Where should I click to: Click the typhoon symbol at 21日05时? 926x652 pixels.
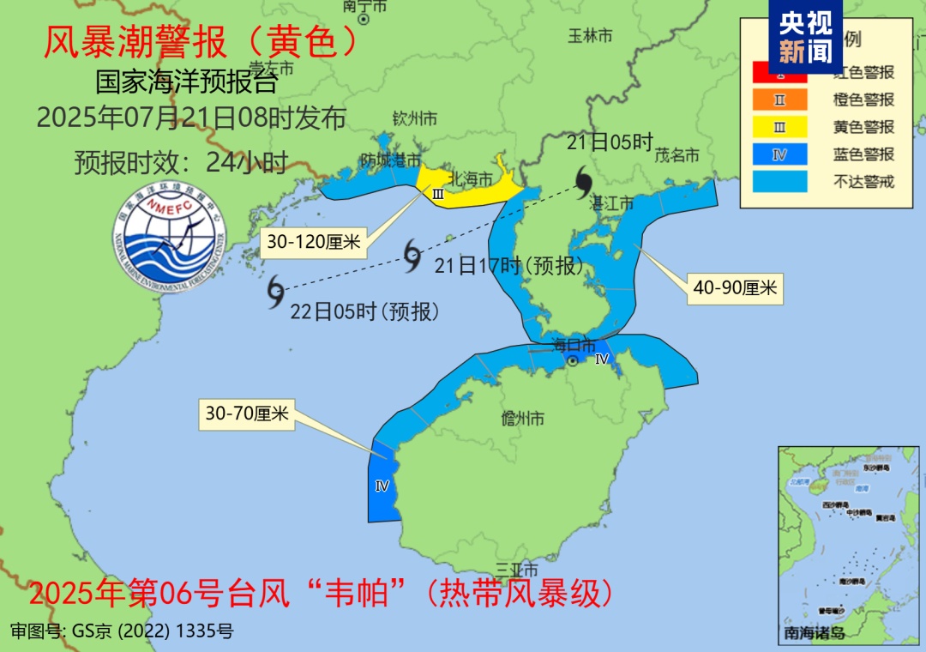pos(584,181)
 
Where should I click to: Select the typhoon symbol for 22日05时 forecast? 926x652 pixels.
pos(275,292)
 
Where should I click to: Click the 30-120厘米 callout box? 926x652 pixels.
pos(314,242)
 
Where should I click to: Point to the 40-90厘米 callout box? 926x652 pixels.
pos(735,288)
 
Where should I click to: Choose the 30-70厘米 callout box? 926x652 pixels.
pos(245,415)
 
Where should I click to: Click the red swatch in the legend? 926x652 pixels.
pos(779,72)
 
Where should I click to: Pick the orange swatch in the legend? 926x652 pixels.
pos(779,100)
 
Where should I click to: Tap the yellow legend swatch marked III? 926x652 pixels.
pos(779,127)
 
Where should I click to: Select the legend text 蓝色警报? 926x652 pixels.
pos(863,154)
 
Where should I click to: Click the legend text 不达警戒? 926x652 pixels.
pos(863,182)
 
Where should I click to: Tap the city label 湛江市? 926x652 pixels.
pos(612,203)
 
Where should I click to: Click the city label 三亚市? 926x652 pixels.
pos(517,570)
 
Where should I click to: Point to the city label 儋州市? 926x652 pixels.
pos(522,419)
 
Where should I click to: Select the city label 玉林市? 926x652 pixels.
pos(591,36)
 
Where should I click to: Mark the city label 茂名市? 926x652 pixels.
pos(677,155)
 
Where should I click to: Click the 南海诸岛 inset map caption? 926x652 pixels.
pos(814,633)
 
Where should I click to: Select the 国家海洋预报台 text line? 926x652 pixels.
pos(186,83)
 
